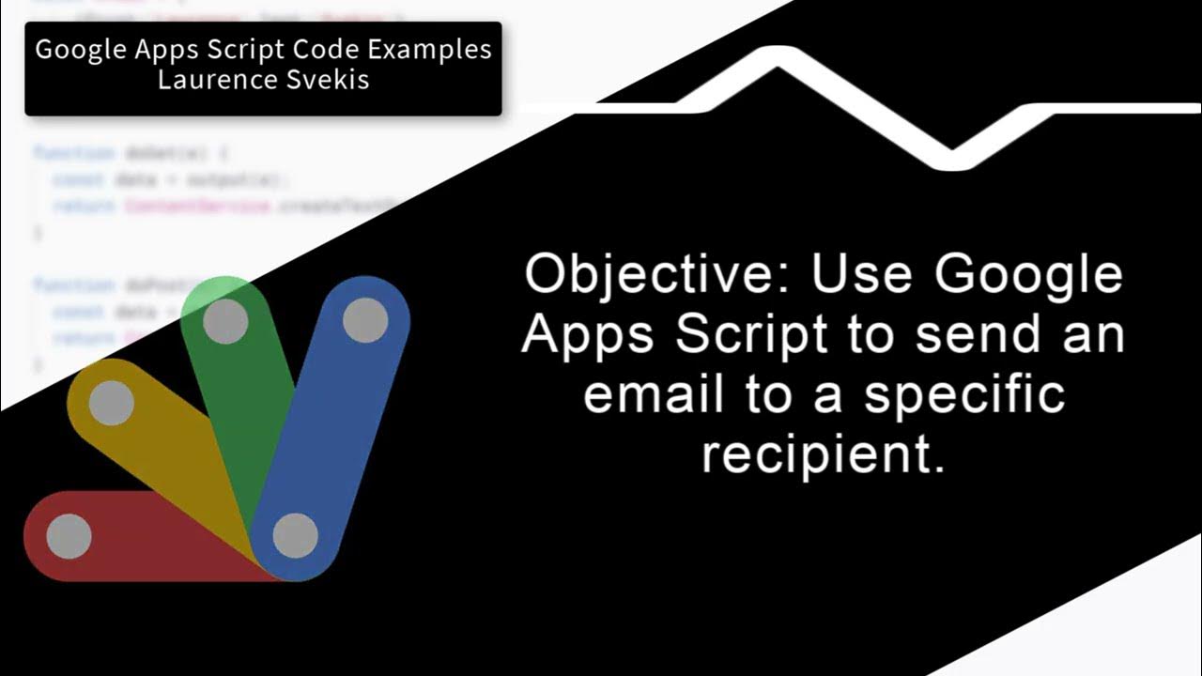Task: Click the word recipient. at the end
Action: pyautogui.click(x=823, y=456)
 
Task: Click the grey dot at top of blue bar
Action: pyautogui.click(x=365, y=321)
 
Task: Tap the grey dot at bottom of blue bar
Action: pyautogui.click(x=295, y=535)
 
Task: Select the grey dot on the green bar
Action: pyautogui.click(x=225, y=322)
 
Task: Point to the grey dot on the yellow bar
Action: pyautogui.click(x=112, y=404)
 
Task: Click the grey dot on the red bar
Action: pyautogui.click(x=69, y=536)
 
